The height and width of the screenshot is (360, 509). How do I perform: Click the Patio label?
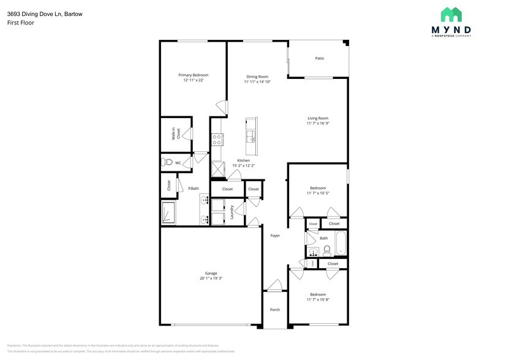(319, 58)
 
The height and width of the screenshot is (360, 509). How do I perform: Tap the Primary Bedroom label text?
(193, 75)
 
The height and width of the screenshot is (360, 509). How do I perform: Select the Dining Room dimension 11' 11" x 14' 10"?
(257, 81)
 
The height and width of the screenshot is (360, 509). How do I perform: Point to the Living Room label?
(318, 118)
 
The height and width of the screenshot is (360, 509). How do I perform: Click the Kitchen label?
(235, 160)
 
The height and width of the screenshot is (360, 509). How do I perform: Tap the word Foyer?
(275, 235)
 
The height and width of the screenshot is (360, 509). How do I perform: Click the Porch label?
(275, 309)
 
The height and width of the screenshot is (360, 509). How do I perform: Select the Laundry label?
(233, 212)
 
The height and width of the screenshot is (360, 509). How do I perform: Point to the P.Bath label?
(193, 189)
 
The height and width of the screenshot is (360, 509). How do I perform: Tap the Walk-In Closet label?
(175, 134)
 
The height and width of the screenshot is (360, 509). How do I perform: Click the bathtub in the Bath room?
(341, 243)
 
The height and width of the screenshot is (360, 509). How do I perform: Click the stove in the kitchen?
(216, 140)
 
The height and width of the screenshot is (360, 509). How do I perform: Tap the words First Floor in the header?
(21, 23)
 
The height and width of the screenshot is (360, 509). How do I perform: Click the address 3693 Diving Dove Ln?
(32, 13)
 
